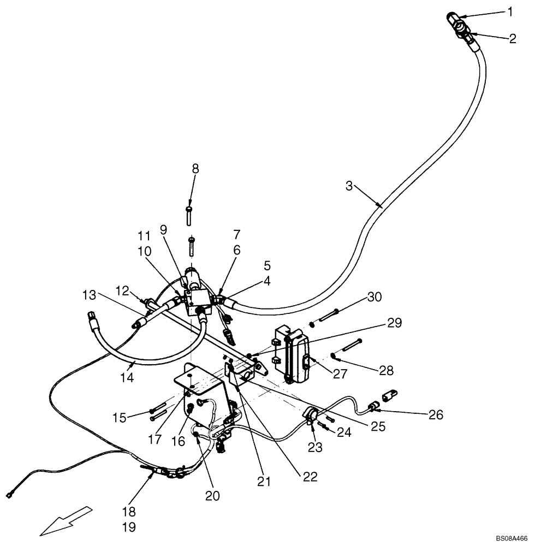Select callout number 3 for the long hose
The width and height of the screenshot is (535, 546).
[x=349, y=186]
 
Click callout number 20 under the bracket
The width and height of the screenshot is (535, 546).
[x=213, y=495]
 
